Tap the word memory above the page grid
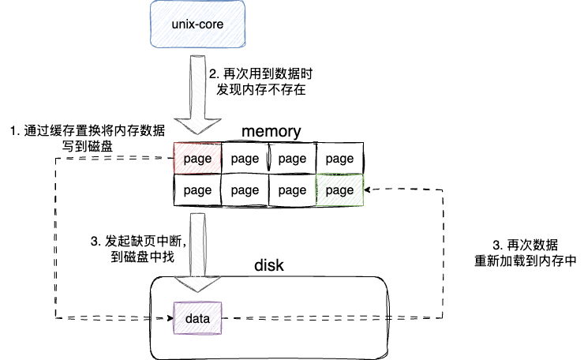(271, 131)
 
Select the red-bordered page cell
(197, 159)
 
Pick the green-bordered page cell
(339, 189)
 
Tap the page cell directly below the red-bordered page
(197, 189)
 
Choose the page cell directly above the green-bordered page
(339, 159)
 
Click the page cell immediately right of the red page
(245, 159)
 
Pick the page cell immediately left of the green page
(292, 189)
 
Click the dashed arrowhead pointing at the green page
(369, 189)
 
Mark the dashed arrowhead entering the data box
(170, 318)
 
